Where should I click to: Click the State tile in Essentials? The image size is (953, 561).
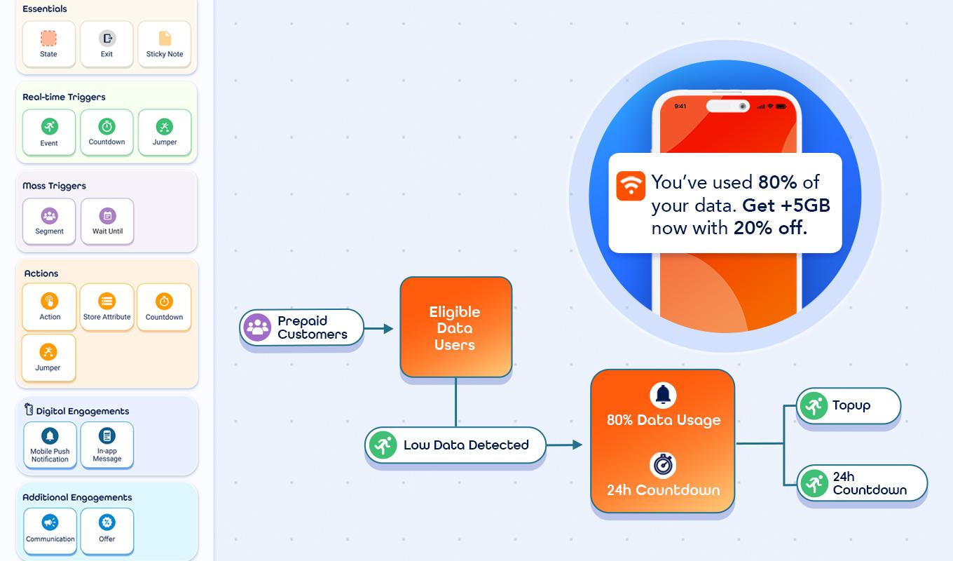pos(48,43)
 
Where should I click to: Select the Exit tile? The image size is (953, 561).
pos(107,43)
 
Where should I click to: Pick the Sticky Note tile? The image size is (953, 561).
pos(165,43)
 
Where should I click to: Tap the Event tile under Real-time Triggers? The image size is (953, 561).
pos(49,132)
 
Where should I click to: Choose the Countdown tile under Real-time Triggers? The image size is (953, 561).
pos(107,132)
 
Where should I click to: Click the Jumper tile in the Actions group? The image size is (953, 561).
pos(48,358)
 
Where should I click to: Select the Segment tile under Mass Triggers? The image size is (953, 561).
pos(49,221)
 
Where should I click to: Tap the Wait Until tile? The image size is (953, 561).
pos(107,221)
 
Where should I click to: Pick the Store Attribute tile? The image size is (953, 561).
pos(107,306)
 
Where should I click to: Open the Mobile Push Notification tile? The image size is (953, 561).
pos(50,445)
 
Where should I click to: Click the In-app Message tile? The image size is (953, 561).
pos(107,445)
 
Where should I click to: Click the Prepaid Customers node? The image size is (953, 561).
pos(302,327)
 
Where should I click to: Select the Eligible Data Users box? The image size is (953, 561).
pos(455,327)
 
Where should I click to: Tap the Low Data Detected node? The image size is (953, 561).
pos(455,445)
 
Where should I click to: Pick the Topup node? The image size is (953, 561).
pos(849,405)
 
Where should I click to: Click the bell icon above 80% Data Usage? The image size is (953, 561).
pos(663,395)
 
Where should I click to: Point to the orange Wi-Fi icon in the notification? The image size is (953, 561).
pos(631,186)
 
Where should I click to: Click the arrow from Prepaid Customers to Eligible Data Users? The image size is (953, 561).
pos(379,328)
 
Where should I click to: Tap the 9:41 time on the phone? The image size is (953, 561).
pos(680,107)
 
